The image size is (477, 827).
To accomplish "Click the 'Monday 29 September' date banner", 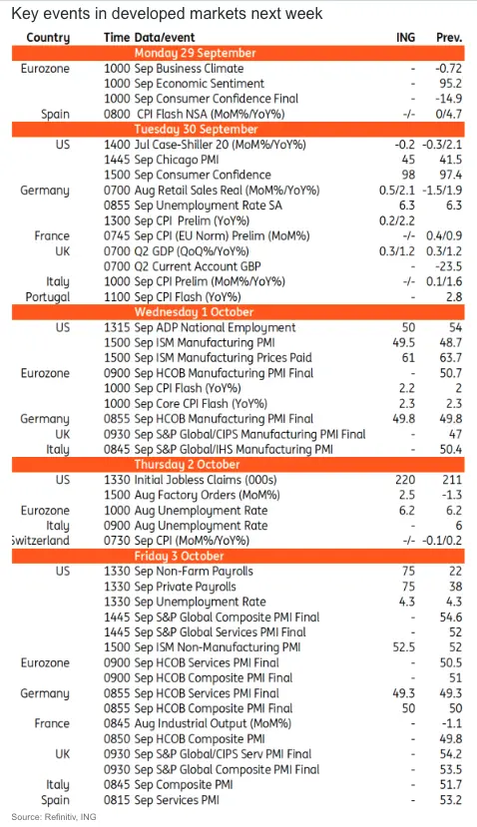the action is point(238,53).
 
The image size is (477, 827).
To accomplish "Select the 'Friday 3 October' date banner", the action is point(238,556).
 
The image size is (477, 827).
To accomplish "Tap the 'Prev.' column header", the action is point(448,38).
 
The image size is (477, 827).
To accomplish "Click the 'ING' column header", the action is point(405,38).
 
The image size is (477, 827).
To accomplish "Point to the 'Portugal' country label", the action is point(48,297).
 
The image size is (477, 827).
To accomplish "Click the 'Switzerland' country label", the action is point(41,541).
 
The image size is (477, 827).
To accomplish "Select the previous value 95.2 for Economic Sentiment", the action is point(450,84).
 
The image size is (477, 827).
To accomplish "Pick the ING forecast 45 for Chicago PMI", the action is point(408,160).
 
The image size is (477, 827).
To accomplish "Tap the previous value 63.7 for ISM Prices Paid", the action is point(451,358).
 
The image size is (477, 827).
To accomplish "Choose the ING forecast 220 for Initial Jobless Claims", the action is point(405,480).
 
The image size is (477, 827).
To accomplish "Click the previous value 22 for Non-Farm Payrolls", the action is point(455,572).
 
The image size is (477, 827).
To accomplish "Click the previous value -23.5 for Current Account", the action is point(448,266).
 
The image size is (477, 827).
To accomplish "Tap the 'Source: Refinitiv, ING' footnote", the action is point(54,817).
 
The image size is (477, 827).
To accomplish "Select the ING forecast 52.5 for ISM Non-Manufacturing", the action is point(404,647).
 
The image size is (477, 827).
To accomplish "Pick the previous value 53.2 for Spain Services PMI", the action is point(451,800).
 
